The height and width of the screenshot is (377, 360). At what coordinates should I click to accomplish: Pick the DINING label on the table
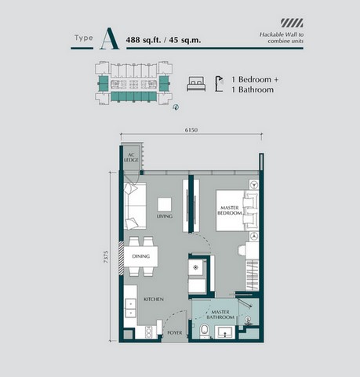pyautogui.click(x=140, y=256)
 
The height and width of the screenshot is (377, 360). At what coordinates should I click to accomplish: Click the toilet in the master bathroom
pyautogui.click(x=205, y=331)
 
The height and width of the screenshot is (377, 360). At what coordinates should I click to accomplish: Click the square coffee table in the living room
pyautogui.click(x=165, y=201)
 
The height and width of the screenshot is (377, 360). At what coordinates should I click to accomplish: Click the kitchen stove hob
pyautogui.click(x=130, y=303)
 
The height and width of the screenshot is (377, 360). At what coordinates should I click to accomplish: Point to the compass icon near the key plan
pyautogui.click(x=176, y=109)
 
